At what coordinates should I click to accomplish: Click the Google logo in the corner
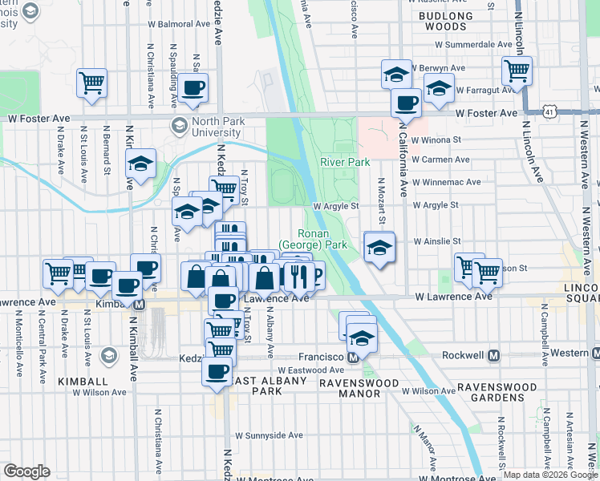point(26,471)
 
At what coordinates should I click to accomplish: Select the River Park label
point(344,162)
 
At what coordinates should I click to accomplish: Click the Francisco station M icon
point(353,356)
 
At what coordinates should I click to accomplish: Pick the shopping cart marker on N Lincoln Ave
point(517,71)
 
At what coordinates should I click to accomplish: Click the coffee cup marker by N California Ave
point(407,103)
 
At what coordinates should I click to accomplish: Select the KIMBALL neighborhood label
point(83,382)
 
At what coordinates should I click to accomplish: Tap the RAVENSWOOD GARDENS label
point(497,392)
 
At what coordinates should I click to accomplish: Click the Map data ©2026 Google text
point(549,475)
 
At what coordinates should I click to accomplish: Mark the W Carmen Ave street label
point(440,160)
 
